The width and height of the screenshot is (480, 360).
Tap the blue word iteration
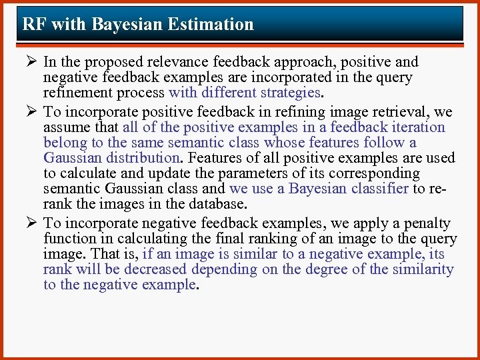(x=416, y=127)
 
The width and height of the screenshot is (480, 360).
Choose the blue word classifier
(x=375, y=189)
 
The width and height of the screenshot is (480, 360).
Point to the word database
(x=215, y=204)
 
